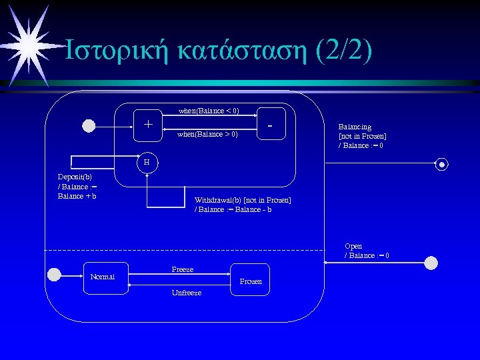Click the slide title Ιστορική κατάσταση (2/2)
click(x=217, y=51)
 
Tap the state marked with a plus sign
click(x=148, y=124)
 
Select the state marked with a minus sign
click(x=270, y=124)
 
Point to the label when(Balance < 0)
click(x=209, y=111)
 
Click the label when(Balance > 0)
click(x=207, y=135)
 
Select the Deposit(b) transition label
click(x=77, y=187)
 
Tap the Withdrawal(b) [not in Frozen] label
click(x=243, y=205)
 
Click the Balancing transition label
click(x=362, y=136)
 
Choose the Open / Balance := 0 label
click(x=367, y=251)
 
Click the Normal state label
click(x=102, y=277)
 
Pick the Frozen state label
click(x=251, y=281)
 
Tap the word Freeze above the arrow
click(x=183, y=269)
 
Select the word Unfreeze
click(x=186, y=293)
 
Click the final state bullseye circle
click(x=441, y=164)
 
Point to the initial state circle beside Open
click(x=431, y=263)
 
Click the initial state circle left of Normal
click(x=54, y=273)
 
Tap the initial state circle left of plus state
click(x=88, y=125)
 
